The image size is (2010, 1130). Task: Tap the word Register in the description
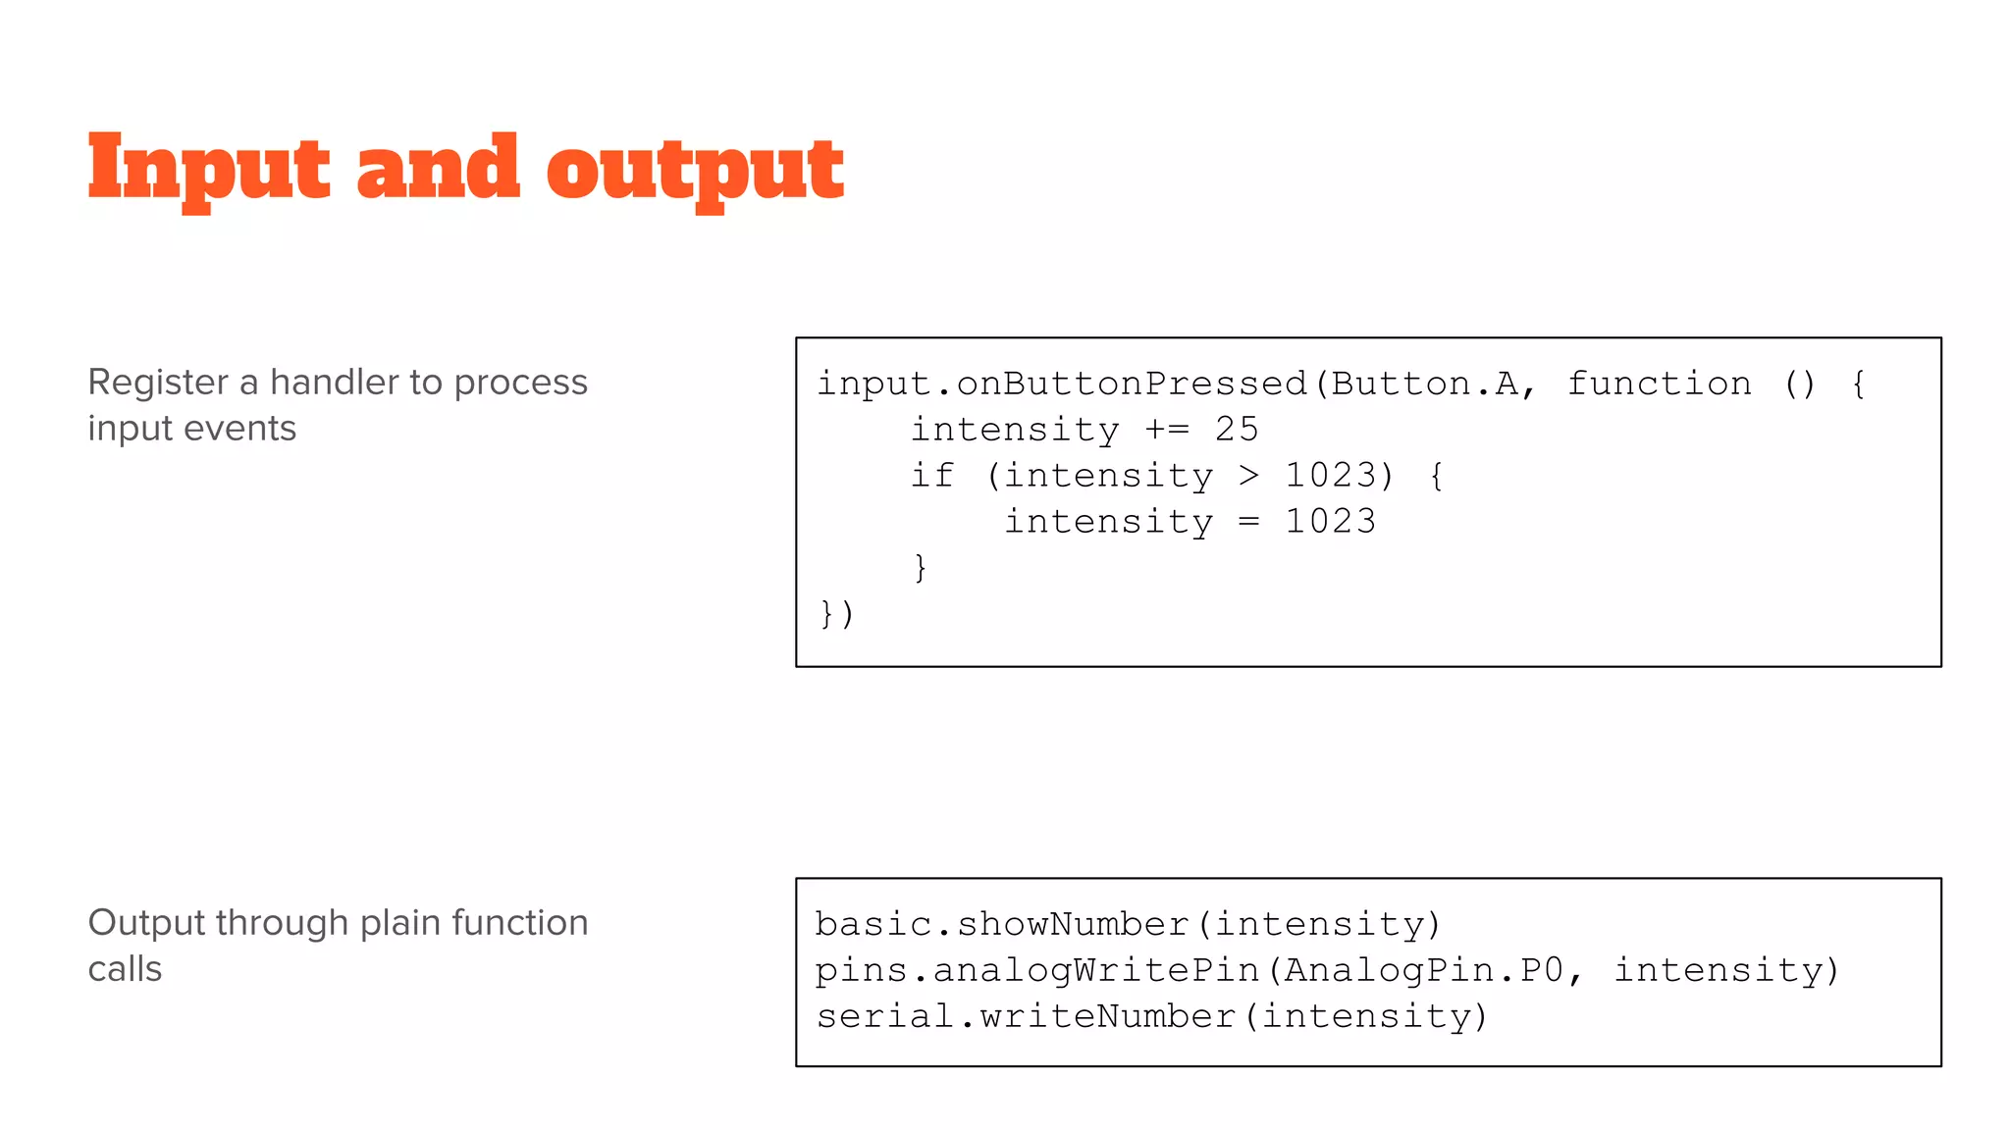(x=158, y=383)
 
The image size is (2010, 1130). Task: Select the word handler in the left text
(x=334, y=383)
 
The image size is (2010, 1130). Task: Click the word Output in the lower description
(x=146, y=923)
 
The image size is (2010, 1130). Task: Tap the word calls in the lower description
(x=125, y=969)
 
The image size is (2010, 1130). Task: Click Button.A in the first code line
(x=1423, y=384)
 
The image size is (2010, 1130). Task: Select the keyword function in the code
(x=1659, y=384)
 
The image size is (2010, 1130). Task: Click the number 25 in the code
(x=1237, y=430)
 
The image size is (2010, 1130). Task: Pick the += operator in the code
(x=1167, y=430)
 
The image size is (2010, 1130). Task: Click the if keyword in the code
(x=932, y=476)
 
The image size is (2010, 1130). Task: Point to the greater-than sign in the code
(x=1248, y=476)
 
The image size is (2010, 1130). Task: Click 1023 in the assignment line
(x=1330, y=522)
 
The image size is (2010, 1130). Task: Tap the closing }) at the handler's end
(x=836, y=614)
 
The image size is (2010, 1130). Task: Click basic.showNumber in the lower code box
(x=1002, y=924)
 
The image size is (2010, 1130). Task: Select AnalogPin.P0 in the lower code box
(x=1423, y=970)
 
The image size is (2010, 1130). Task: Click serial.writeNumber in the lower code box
(x=1026, y=1016)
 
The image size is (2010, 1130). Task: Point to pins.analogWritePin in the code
(x=1037, y=970)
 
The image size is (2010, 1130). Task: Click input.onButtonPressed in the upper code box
(x=1062, y=384)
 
